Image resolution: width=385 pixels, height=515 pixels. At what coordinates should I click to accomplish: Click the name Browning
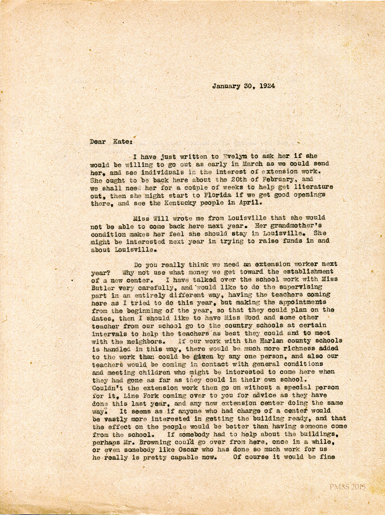(x=146, y=442)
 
